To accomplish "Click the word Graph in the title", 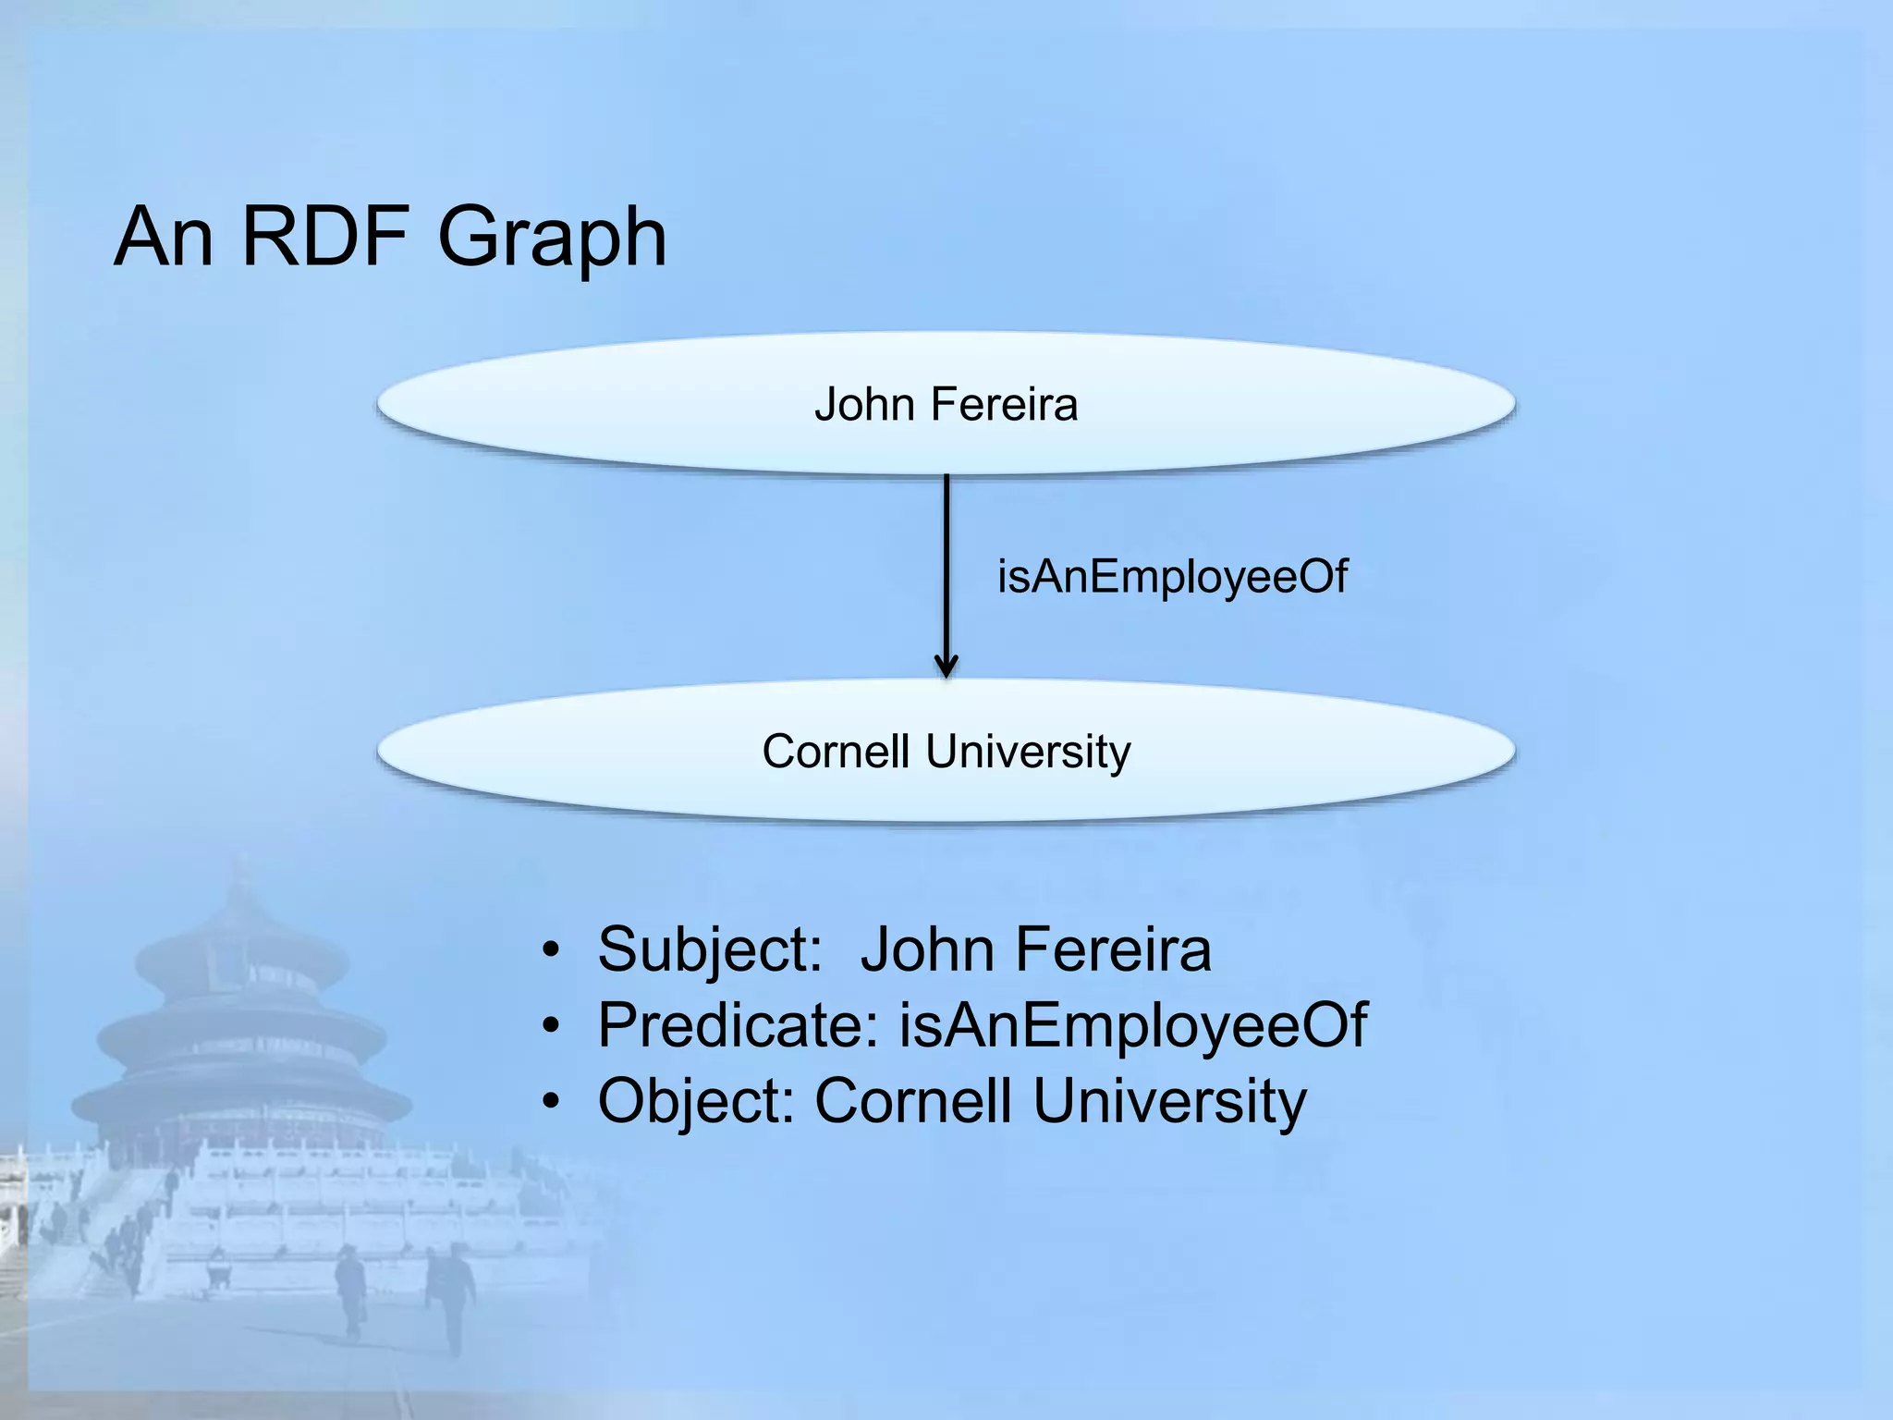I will pos(552,239).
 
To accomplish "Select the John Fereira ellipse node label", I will pos(946,405).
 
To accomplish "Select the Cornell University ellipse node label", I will pos(946,751).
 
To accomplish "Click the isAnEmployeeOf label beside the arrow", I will pos(1172,577).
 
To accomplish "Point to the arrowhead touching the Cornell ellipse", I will pos(946,666).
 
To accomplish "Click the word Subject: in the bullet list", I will pos(710,950).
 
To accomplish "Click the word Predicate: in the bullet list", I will pos(738,1025).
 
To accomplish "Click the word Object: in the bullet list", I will pos(696,1101).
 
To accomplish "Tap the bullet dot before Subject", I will pos(552,950).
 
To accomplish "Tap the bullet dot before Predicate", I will pos(552,1025).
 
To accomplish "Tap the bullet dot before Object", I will pos(552,1101).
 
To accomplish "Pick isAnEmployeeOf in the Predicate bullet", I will pos(1132,1025).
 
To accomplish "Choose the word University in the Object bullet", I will pos(1169,1101).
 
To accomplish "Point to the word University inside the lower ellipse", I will pos(1028,751).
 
